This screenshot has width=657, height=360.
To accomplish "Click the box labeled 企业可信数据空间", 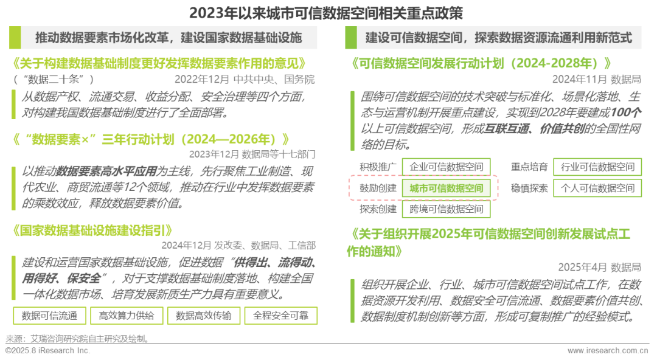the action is [447, 167].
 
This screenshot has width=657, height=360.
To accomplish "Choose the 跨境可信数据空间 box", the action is [447, 209].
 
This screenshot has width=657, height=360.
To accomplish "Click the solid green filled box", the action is [447, 188].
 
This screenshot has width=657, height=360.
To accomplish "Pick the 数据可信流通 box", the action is [49, 316].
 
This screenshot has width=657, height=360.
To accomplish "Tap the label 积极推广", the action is [378, 167].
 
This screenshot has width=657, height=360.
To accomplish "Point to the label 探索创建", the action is [378, 209].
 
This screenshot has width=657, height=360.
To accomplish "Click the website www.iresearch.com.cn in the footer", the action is [608, 351].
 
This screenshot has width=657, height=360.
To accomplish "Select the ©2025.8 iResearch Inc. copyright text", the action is [47, 351].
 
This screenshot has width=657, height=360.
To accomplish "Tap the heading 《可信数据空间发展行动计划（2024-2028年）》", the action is [481, 63].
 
